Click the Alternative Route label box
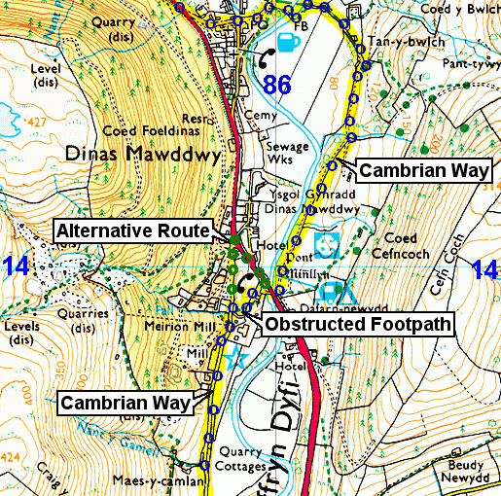tap(133, 230)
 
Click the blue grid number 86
tap(277, 85)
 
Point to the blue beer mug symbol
tap(288, 43)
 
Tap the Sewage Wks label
tap(289, 154)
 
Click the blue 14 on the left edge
tap(14, 266)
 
